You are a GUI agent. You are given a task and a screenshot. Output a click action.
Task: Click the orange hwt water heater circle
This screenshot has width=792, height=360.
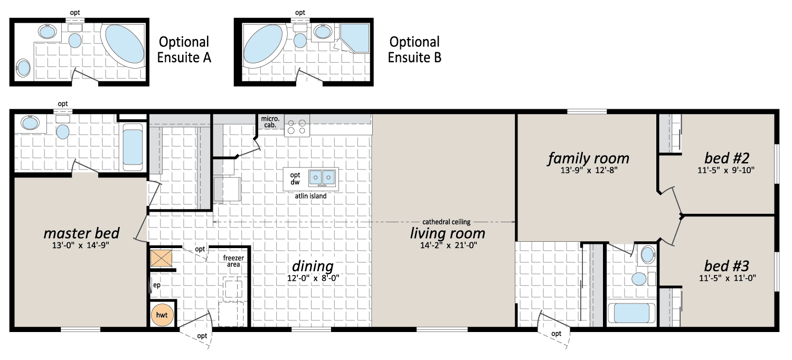click(162, 315)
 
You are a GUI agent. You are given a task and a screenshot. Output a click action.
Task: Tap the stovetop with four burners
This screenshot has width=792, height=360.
click(297, 127)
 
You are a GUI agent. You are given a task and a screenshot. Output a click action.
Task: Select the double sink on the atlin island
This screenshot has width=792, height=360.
click(322, 178)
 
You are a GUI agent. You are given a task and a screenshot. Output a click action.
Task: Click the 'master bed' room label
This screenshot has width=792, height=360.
click(81, 233)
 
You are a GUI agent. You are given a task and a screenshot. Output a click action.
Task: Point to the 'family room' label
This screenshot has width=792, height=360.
click(589, 158)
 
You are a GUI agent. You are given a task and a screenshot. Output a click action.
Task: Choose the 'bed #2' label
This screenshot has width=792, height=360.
click(727, 158)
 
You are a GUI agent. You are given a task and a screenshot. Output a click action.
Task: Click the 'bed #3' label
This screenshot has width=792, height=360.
click(727, 266)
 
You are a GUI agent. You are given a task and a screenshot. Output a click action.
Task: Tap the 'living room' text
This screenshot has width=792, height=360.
click(448, 233)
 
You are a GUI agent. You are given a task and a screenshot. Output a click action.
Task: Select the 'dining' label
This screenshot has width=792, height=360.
click(313, 266)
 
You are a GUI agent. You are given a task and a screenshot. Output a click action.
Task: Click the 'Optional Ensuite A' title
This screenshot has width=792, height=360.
click(184, 50)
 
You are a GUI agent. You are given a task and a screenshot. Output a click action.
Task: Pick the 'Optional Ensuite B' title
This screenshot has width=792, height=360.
click(414, 50)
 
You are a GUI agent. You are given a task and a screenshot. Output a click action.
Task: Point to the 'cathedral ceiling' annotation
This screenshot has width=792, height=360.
click(446, 222)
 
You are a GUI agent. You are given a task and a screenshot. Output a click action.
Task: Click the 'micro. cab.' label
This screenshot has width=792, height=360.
click(270, 121)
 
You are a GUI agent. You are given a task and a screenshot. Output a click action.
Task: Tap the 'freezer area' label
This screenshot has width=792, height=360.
click(233, 261)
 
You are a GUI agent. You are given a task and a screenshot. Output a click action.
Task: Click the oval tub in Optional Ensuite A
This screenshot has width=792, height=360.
click(124, 44)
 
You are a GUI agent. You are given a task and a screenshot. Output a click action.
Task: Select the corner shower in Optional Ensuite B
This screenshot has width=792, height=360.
click(355, 38)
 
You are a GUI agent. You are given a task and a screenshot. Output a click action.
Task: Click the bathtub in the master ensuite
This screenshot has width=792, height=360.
click(133, 147)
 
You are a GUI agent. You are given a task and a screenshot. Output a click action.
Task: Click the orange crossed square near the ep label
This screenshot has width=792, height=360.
click(161, 258)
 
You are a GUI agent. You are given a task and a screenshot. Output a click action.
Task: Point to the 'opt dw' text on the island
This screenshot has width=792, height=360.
click(295, 178)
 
